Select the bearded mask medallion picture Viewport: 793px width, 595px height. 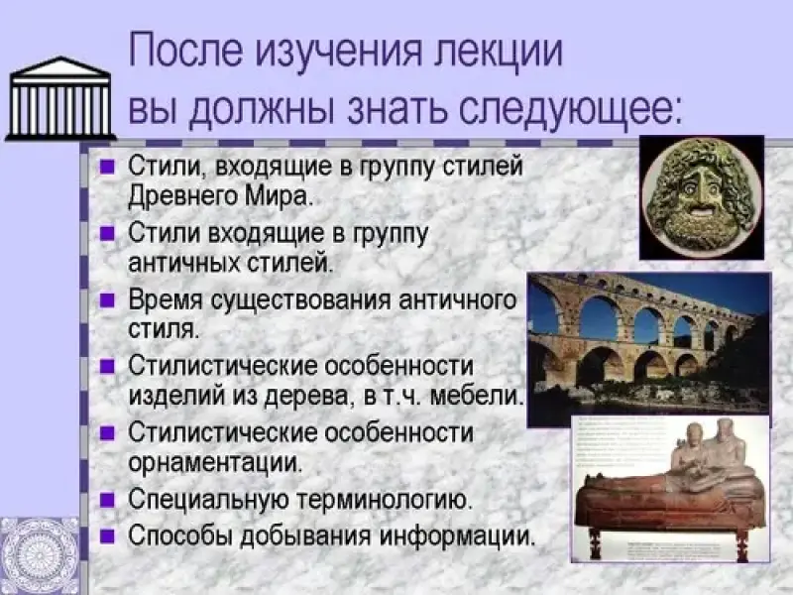coord(702,197)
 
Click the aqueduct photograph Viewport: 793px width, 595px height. coord(649,350)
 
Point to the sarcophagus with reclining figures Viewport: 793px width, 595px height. coord(670,489)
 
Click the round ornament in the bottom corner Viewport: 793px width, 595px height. coord(39,556)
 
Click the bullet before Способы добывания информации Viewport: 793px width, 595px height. coord(106,535)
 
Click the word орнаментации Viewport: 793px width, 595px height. coord(215,462)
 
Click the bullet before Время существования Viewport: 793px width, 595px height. coord(106,301)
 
